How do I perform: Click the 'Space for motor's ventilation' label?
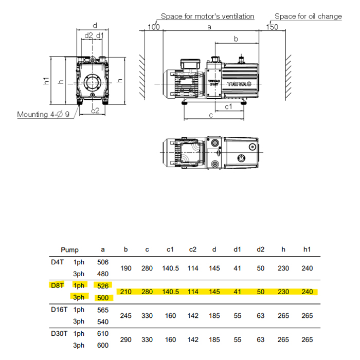pyautogui.click(x=207, y=16)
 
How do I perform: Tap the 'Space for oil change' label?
pyautogui.click(x=308, y=16)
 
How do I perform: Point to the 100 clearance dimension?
pyautogui.click(x=153, y=26)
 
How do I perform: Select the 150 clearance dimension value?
pyautogui.click(x=272, y=26)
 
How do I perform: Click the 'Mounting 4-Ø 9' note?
pyautogui.click(x=43, y=114)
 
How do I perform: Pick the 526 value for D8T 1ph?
pyautogui.click(x=103, y=286)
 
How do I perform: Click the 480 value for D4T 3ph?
pyautogui.click(x=103, y=274)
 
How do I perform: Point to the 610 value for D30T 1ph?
pyautogui.click(x=103, y=334)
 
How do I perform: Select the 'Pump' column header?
pyautogui.click(x=70, y=250)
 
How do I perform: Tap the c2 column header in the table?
pyautogui.click(x=193, y=250)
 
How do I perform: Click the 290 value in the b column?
pyautogui.click(x=126, y=339)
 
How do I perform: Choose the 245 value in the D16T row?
pyautogui.click(x=126, y=316)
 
